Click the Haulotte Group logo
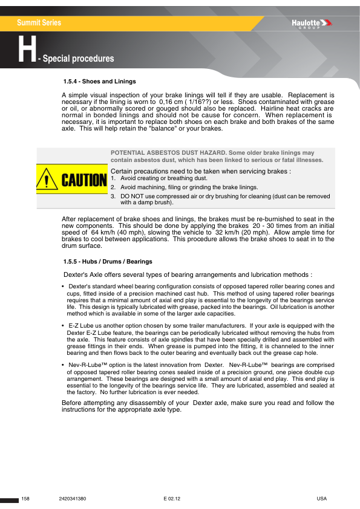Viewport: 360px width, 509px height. [x=312, y=24]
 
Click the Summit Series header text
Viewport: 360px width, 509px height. [x=39, y=23]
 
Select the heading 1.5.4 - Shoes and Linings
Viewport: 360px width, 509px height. [x=99, y=81]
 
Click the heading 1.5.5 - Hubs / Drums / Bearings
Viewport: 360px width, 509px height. [x=107, y=261]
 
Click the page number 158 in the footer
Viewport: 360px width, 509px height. [x=25, y=498]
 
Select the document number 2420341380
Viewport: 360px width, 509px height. [x=73, y=498]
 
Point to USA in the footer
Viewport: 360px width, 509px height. [x=321, y=498]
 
